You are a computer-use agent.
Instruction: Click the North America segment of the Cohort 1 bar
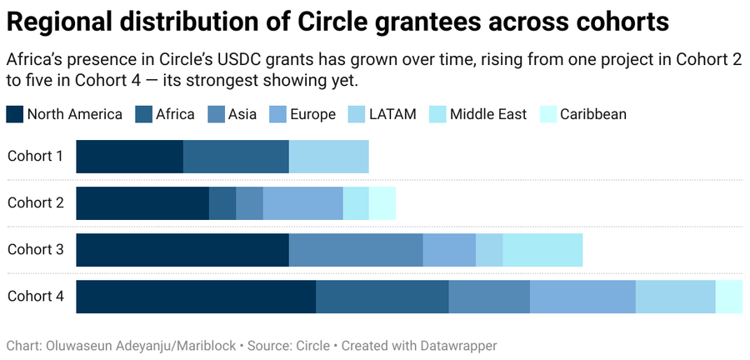(x=129, y=157)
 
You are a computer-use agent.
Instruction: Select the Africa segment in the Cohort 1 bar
(x=236, y=157)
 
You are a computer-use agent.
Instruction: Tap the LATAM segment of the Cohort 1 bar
(x=328, y=157)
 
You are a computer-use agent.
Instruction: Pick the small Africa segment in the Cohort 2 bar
(x=222, y=203)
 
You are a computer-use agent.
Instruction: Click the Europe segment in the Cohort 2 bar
(x=302, y=203)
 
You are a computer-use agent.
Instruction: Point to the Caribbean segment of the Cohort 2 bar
(x=382, y=203)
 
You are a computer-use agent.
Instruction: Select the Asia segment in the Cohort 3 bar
(x=356, y=250)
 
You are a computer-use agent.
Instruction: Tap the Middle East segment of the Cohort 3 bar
(x=542, y=250)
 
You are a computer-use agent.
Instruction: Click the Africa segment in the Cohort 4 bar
(x=382, y=297)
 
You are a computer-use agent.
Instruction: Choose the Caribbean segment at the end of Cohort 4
(x=729, y=297)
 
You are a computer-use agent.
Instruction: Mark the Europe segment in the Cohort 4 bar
(x=582, y=297)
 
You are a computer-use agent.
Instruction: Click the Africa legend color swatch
(x=142, y=114)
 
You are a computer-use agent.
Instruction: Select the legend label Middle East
(x=488, y=114)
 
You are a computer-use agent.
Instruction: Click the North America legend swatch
(x=15, y=114)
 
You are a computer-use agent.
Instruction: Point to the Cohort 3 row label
(x=36, y=250)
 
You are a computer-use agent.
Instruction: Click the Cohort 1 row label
(x=36, y=157)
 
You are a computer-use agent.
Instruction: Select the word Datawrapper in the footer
(x=459, y=345)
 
